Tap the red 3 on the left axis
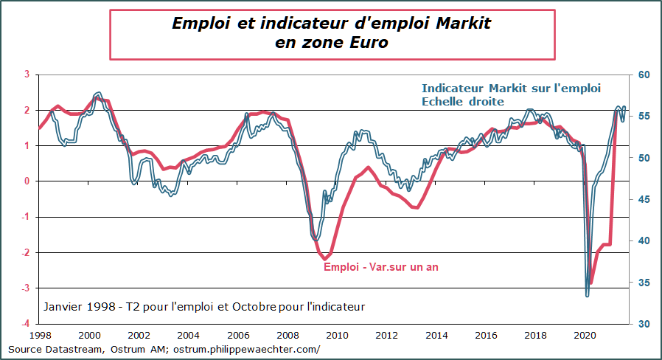pos(27,75)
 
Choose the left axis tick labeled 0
pos(27,181)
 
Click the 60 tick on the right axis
pos(642,75)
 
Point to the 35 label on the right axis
pos(642,283)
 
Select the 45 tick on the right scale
pos(642,199)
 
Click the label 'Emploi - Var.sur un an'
pos(381,267)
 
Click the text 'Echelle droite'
pos(462,102)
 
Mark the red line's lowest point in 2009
pos(324,258)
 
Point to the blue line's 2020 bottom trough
pos(588,295)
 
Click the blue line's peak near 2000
pos(99,94)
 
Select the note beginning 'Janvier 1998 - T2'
pos(204,306)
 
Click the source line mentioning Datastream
pos(164,349)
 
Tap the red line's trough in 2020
pos(591,283)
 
